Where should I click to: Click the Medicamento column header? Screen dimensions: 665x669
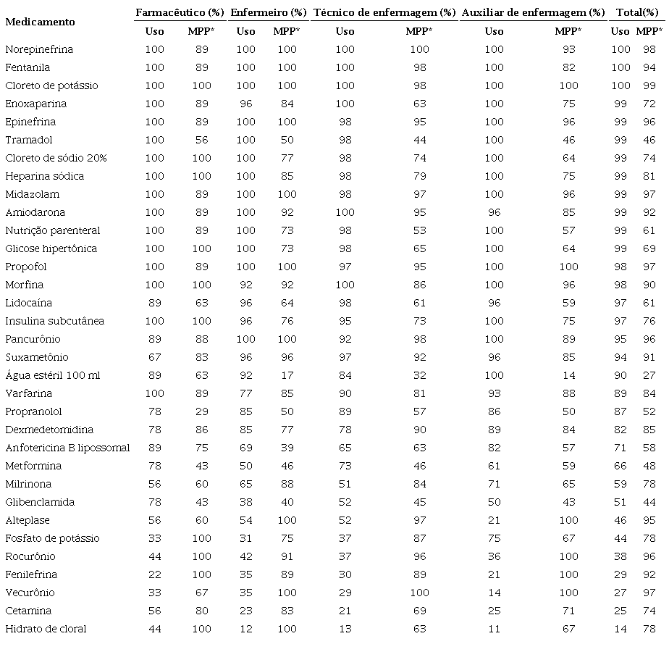tap(40, 22)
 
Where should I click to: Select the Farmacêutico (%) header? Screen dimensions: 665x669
tap(180, 12)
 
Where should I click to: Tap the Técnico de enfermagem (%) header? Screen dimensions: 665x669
tap(384, 12)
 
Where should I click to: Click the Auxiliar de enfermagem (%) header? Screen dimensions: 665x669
tap(533, 12)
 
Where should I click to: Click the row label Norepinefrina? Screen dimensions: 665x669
tap(39, 49)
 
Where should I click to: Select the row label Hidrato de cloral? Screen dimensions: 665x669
tap(46, 629)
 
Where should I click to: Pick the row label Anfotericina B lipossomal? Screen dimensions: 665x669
tap(67, 448)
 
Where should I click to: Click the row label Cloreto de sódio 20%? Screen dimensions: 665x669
tap(56, 158)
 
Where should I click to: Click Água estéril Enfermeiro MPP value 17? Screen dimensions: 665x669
tap(287, 375)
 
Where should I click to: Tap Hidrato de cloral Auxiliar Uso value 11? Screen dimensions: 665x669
tap(494, 629)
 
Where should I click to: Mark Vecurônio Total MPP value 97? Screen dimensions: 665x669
tap(649, 593)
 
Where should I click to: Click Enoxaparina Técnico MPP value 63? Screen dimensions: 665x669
tap(419, 104)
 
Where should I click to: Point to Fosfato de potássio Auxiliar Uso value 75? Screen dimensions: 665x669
tap(494, 538)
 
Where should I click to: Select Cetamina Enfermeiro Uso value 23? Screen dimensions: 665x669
tap(245, 611)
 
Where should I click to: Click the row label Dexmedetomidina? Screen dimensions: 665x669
tap(49, 430)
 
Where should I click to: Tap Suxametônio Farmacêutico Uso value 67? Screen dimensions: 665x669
tap(154, 357)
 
